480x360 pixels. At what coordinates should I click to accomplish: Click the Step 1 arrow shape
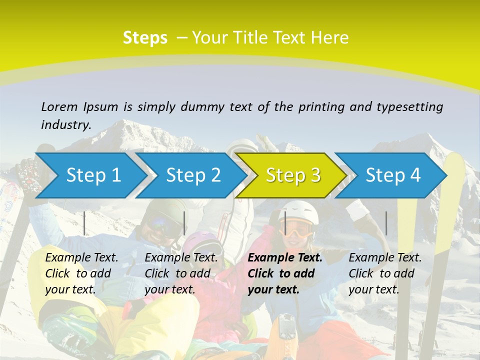pyautogui.click(x=90, y=175)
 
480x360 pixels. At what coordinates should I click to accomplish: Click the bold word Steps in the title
pyautogui.click(x=145, y=38)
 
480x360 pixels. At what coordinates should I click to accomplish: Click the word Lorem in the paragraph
pyautogui.click(x=59, y=106)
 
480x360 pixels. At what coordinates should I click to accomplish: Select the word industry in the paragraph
pyautogui.click(x=66, y=125)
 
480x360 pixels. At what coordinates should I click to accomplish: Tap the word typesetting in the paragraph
pyautogui.click(x=409, y=107)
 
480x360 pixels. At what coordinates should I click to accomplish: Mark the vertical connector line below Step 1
pyautogui.click(x=84, y=223)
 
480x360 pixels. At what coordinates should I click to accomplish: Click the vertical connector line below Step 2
pyautogui.click(x=184, y=223)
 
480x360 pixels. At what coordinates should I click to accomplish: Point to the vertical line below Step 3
pyautogui.click(x=285, y=223)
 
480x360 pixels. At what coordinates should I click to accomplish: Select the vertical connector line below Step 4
pyautogui.click(x=386, y=223)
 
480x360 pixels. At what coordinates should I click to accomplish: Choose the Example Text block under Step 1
pyautogui.click(x=81, y=273)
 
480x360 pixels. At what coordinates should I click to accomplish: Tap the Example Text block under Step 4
pyautogui.click(x=385, y=273)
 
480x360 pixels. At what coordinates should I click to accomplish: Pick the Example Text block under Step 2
pyautogui.click(x=181, y=273)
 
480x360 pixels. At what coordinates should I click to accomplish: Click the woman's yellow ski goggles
pyautogui.click(x=298, y=230)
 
